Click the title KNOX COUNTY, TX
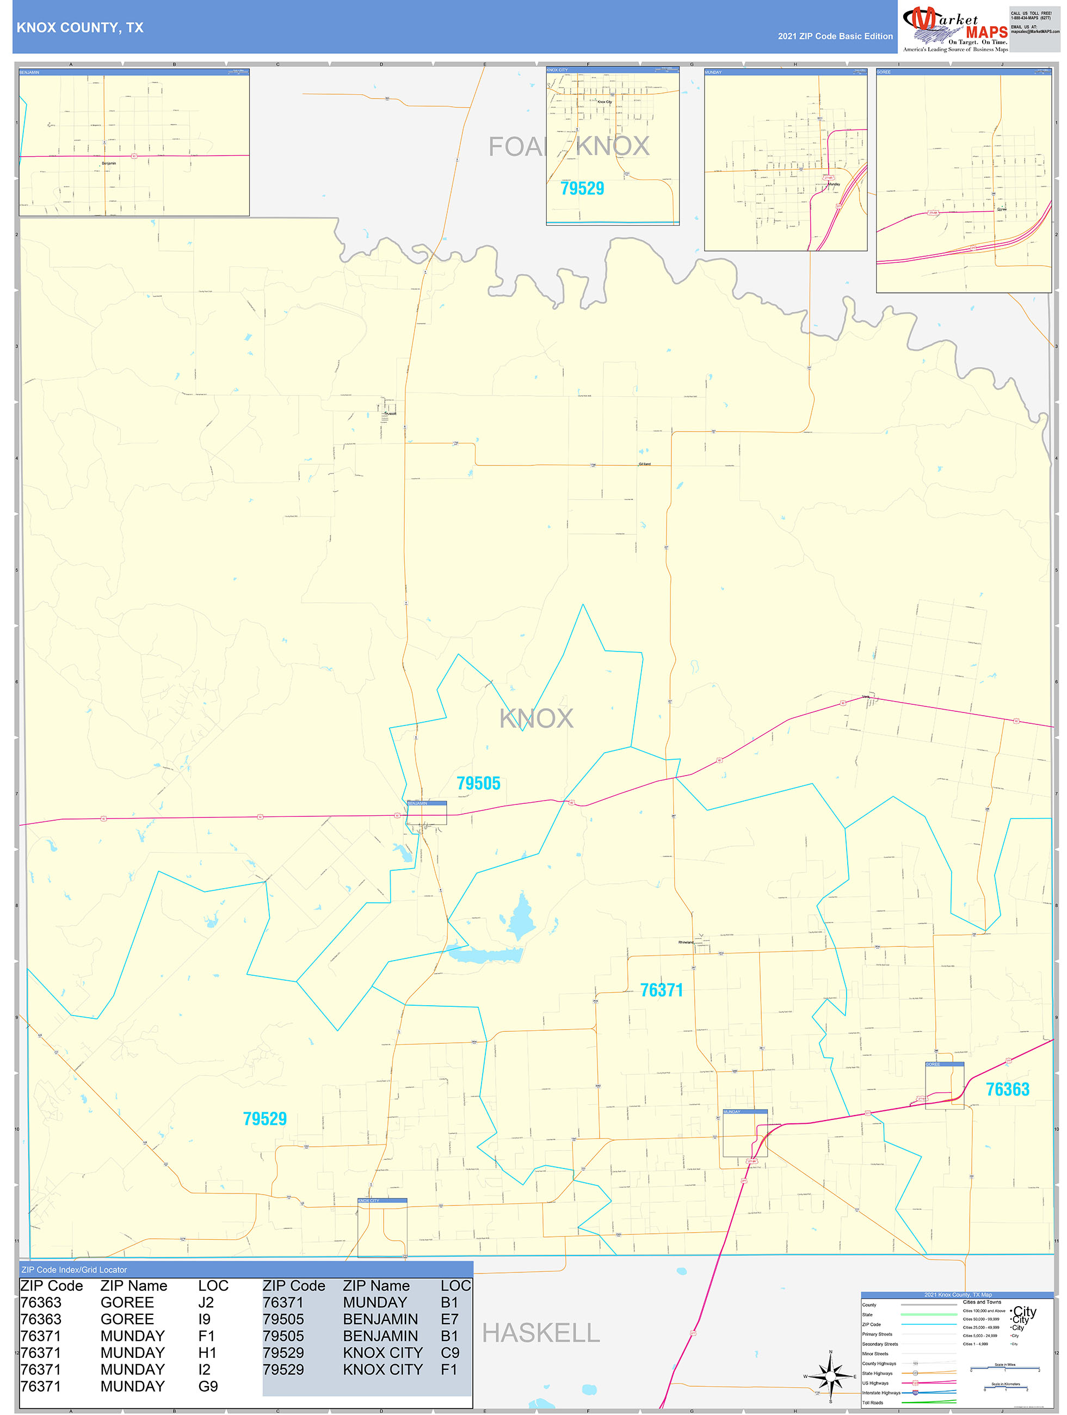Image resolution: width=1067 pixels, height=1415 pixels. pyautogui.click(x=80, y=28)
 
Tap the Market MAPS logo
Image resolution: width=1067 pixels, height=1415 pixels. pyautogui.click(x=955, y=29)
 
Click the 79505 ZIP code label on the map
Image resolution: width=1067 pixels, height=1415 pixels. pyautogui.click(x=478, y=784)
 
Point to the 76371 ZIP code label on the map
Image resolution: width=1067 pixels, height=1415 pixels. pyautogui.click(x=662, y=990)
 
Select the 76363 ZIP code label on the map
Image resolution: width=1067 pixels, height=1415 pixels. pyautogui.click(x=1007, y=1090)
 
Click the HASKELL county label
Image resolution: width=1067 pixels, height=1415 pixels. pyautogui.click(x=540, y=1333)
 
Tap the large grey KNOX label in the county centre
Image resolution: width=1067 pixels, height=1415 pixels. pyautogui.click(x=536, y=718)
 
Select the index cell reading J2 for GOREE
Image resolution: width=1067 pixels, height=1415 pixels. pyautogui.click(x=206, y=1302)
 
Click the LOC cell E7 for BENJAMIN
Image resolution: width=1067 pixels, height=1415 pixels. pyautogui.click(x=449, y=1319)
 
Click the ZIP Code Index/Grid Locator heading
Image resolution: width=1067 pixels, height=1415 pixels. pyautogui.click(x=74, y=1270)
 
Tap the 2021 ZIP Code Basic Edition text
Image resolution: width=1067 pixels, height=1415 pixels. pyautogui.click(x=835, y=36)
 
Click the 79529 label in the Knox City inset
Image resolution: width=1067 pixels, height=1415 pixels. pyautogui.click(x=582, y=189)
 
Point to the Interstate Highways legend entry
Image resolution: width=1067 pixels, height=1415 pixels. pyautogui.click(x=881, y=1393)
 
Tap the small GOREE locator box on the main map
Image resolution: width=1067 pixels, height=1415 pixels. pyautogui.click(x=944, y=1086)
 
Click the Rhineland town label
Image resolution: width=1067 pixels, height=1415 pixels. pyautogui.click(x=686, y=942)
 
